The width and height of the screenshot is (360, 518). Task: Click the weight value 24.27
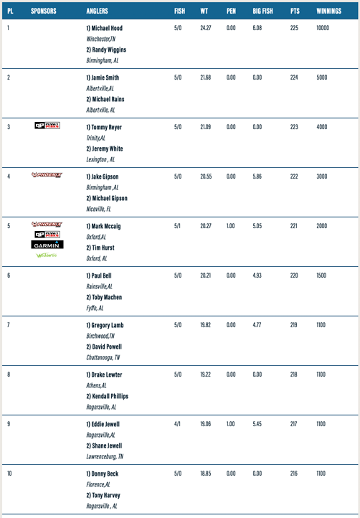pyautogui.click(x=207, y=28)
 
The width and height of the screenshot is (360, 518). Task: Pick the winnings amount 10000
pyautogui.click(x=322, y=28)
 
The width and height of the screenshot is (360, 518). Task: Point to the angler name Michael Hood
pyautogui.click(x=104, y=28)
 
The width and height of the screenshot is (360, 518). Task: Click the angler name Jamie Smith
pyautogui.click(x=103, y=77)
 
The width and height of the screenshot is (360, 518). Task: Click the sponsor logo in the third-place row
pyautogui.click(x=48, y=126)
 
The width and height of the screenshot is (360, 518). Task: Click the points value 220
pyautogui.click(x=295, y=276)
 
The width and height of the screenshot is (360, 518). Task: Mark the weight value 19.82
pyautogui.click(x=207, y=325)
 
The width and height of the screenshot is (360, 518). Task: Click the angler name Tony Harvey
pyautogui.click(x=105, y=496)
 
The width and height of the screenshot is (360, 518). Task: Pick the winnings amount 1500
pyautogui.click(x=321, y=276)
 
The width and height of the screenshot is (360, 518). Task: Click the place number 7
pyautogui.click(x=9, y=325)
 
